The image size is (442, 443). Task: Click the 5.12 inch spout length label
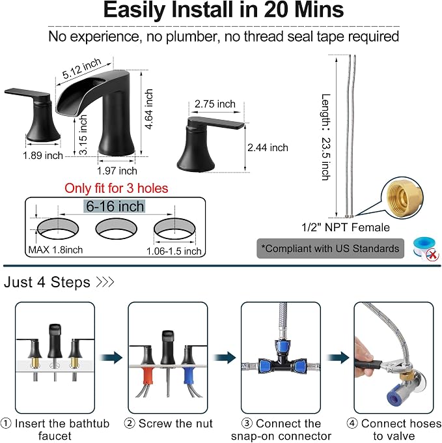(81, 68)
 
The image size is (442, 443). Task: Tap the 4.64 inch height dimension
(148, 109)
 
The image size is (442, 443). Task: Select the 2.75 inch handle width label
(215, 104)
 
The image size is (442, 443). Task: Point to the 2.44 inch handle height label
(268, 147)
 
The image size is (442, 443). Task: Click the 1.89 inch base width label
(42, 156)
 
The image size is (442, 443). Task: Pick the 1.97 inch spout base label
(117, 171)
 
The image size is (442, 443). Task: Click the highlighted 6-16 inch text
(115, 207)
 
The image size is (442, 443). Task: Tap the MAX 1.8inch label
(55, 250)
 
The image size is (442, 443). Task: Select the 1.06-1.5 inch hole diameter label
(174, 251)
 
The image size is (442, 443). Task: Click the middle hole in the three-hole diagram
(117, 229)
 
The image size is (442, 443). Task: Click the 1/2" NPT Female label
(346, 227)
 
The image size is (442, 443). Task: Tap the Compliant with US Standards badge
(330, 249)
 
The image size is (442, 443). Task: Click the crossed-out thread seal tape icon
(426, 249)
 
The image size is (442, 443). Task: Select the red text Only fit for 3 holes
(117, 188)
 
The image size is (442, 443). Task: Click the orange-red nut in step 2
(148, 376)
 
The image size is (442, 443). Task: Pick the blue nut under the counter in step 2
(188, 375)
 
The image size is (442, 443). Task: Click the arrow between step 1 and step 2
(111, 358)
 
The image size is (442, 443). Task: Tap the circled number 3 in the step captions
(247, 423)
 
